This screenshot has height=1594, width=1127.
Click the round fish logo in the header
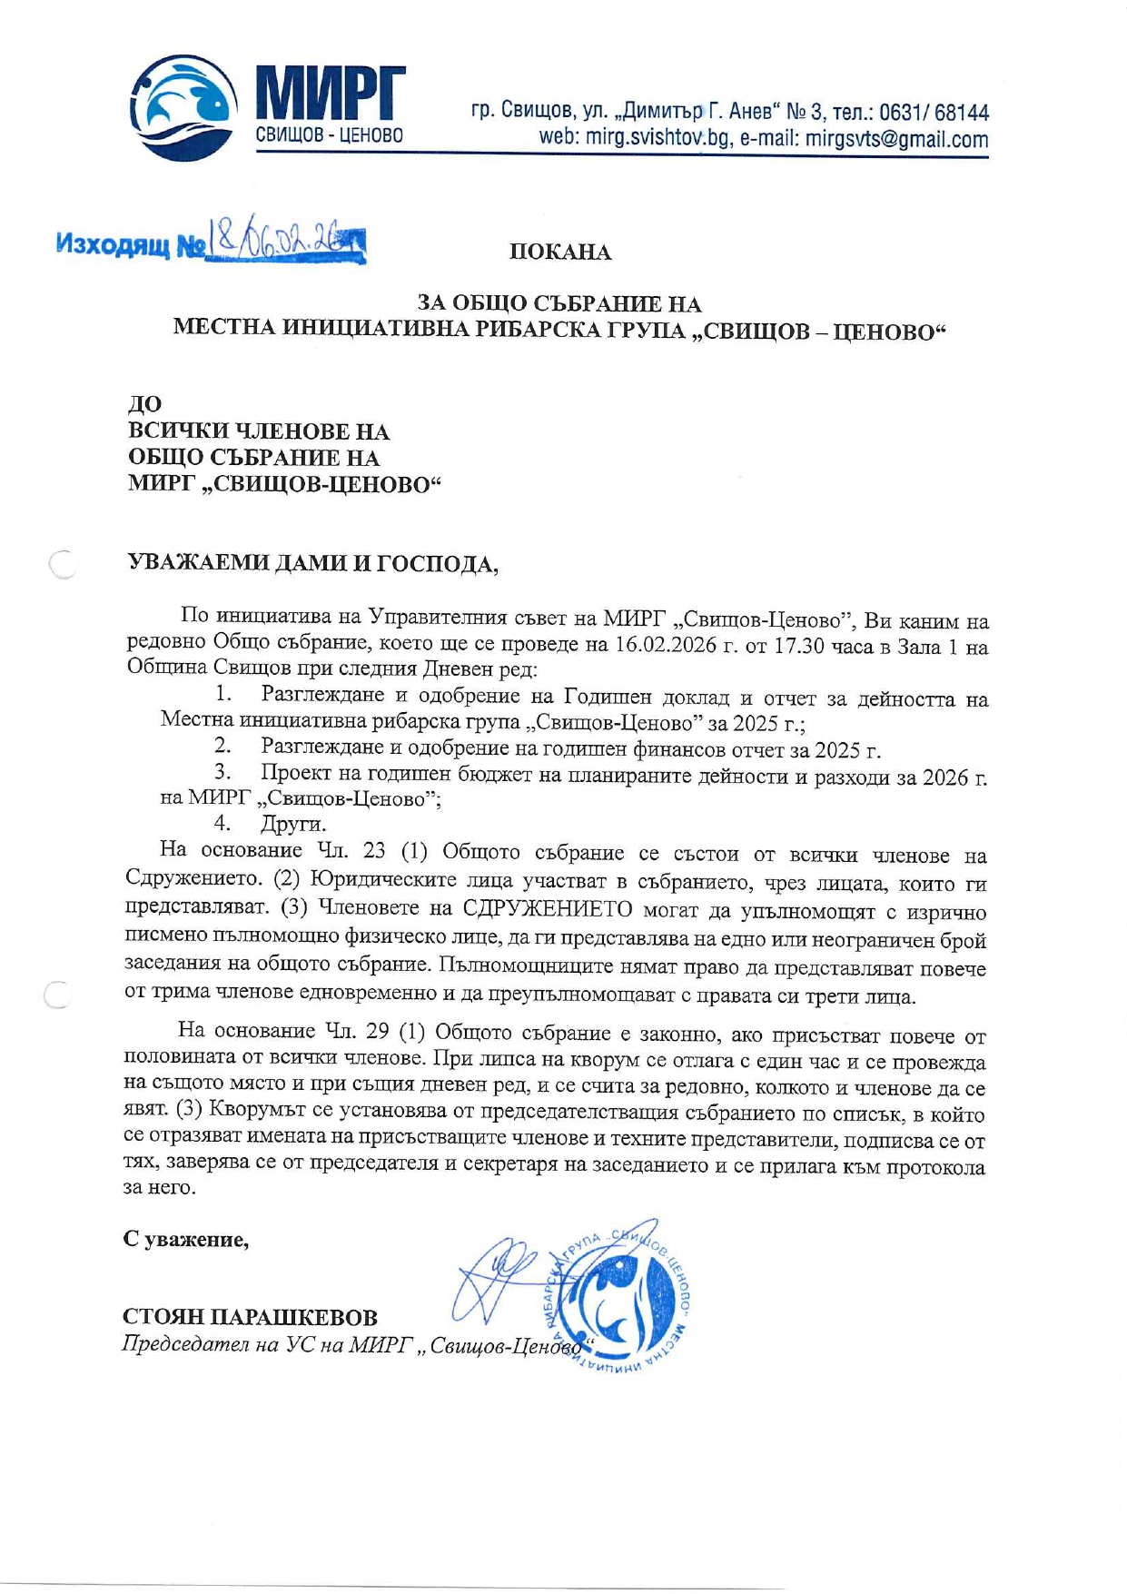click(x=186, y=106)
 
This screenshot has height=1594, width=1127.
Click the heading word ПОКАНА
click(x=560, y=252)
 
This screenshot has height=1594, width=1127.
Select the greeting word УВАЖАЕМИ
click(x=187, y=563)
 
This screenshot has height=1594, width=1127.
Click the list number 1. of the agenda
click(x=223, y=696)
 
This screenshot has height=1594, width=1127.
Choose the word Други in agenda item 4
click(x=292, y=825)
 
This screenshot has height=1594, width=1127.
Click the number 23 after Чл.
click(x=373, y=852)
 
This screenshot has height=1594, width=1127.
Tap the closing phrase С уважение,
click(x=186, y=1239)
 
